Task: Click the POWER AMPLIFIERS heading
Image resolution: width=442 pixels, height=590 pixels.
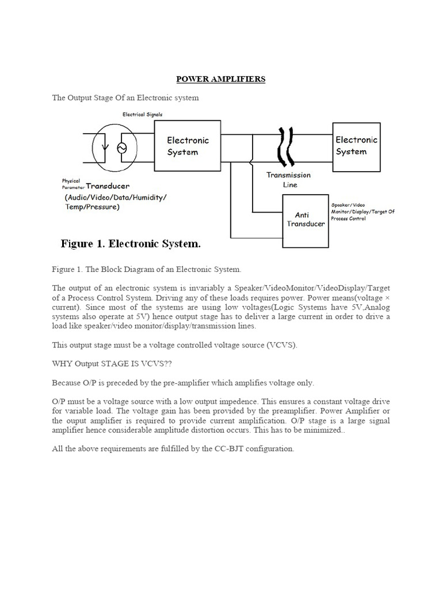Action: [x=220, y=80]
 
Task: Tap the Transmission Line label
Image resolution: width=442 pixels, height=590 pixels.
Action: [x=288, y=180]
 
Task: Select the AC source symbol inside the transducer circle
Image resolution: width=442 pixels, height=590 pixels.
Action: [x=121, y=148]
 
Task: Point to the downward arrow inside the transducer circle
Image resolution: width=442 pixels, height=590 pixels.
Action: [x=104, y=149]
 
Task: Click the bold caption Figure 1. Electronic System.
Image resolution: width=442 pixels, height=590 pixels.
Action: [x=131, y=244]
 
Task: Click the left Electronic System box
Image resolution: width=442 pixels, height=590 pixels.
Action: [x=188, y=146]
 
